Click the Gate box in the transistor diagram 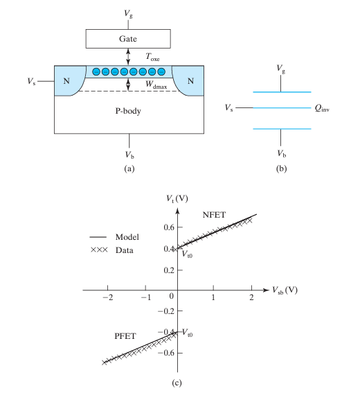tap(128, 39)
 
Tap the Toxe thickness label tap(152, 57)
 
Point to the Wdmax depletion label tap(156, 85)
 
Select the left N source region tap(66, 80)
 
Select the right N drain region tap(190, 80)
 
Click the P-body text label tap(128, 111)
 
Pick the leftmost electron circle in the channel tap(96, 71)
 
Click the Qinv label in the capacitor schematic tap(322, 108)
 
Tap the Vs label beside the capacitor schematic tap(229, 107)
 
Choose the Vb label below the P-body tap(129, 155)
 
